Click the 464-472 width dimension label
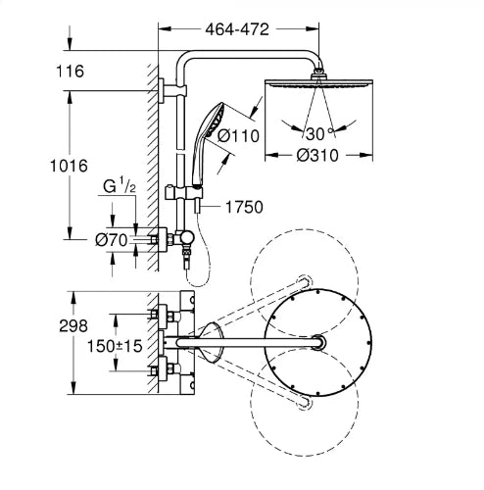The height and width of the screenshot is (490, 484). click(x=237, y=29)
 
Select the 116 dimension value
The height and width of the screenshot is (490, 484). click(x=71, y=72)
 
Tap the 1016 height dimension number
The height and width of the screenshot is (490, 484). click(x=69, y=166)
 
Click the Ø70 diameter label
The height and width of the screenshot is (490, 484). click(x=112, y=241)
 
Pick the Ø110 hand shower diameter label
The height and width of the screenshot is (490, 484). click(x=238, y=135)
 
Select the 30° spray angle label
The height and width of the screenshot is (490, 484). click(x=319, y=133)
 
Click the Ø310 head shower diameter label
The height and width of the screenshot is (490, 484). click(x=317, y=156)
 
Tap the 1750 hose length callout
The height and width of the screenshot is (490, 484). click(x=244, y=207)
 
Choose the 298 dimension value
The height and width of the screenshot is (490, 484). click(x=73, y=326)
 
